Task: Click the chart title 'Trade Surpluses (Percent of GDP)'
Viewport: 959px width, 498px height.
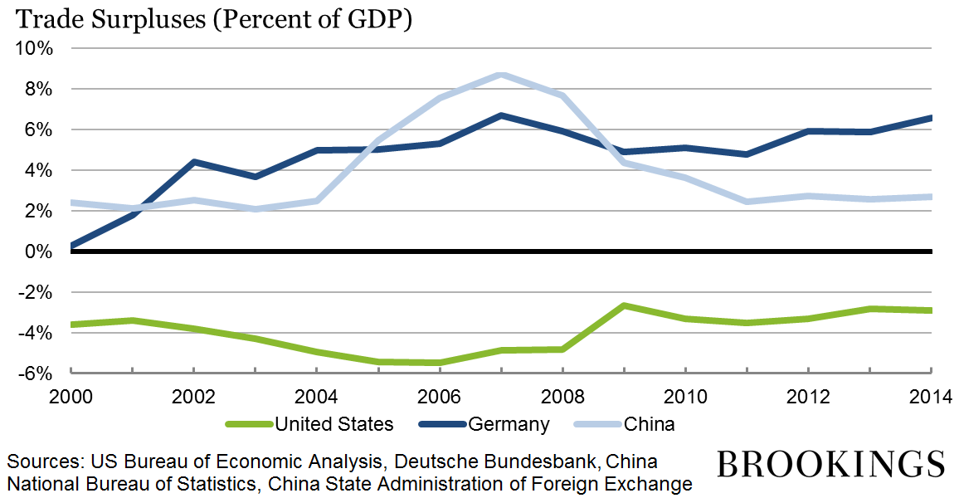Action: [x=208, y=19]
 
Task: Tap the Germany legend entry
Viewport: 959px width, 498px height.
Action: [x=509, y=424]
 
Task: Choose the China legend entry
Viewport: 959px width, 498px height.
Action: [x=649, y=424]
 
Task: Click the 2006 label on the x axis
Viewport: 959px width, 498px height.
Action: [x=440, y=393]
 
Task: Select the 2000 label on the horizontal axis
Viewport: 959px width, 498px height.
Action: [x=72, y=393]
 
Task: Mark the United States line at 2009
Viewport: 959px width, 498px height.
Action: [x=624, y=305]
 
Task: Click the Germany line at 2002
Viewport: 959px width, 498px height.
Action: [x=194, y=162]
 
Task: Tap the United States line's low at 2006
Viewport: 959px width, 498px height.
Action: [x=440, y=363]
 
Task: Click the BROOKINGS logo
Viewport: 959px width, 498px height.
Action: [x=830, y=463]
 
